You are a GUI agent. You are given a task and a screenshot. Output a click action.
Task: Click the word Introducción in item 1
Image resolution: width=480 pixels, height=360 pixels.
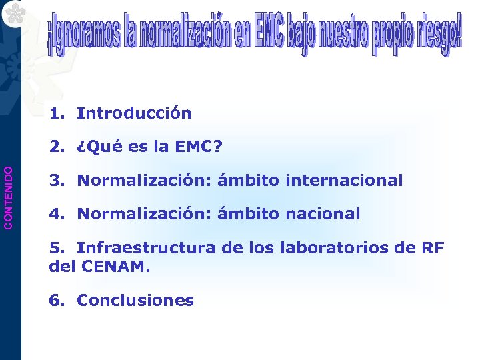click(134, 113)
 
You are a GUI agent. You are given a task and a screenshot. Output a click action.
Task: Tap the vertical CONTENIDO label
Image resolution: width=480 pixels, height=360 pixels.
click(8, 199)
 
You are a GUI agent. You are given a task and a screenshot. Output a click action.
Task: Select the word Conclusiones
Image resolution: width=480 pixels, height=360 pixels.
click(135, 301)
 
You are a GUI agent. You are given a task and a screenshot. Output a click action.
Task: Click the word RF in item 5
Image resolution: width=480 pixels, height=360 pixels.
click(433, 249)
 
